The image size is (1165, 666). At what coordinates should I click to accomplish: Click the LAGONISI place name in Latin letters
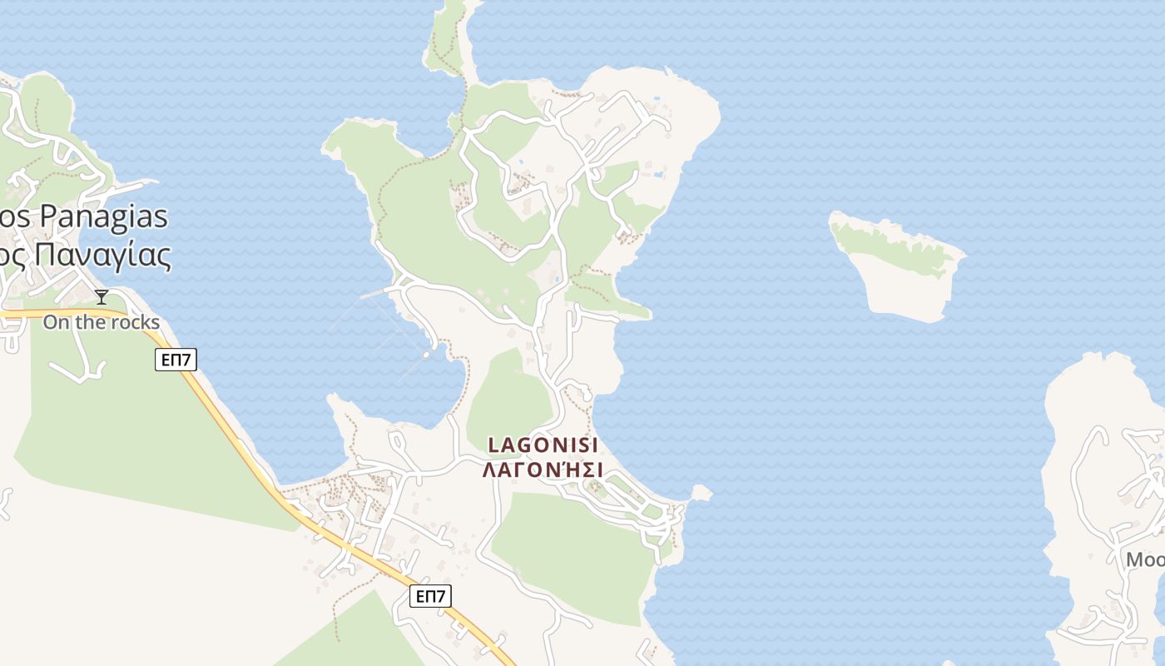543,445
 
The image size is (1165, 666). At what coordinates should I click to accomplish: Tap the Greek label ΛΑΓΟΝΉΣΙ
543,470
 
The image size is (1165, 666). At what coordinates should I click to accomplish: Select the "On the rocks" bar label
101,322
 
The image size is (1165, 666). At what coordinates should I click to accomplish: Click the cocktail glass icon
102,297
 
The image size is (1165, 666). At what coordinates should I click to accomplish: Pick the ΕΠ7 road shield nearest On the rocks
176,360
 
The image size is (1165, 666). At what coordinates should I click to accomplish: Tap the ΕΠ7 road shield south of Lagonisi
431,596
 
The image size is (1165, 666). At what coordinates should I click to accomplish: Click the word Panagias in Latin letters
104,216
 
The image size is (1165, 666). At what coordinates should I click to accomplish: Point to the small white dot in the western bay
426,355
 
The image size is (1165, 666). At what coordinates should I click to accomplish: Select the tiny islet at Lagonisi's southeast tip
701,494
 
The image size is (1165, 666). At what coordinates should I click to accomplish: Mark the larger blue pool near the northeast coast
658,175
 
